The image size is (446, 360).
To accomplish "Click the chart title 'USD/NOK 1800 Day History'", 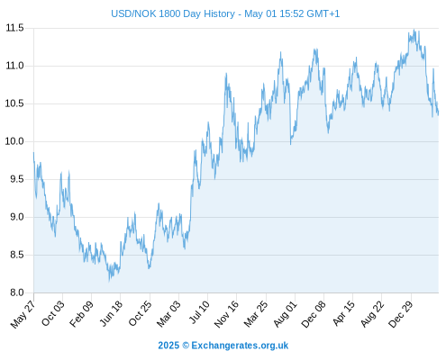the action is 173,13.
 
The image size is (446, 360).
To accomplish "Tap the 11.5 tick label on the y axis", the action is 14,28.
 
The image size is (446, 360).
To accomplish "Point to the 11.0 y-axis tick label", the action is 14,66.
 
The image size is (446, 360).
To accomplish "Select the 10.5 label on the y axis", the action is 14,103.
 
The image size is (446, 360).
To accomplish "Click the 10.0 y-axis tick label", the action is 14,141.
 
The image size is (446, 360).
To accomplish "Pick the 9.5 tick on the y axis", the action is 17,179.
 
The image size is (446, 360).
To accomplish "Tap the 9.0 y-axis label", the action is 17,217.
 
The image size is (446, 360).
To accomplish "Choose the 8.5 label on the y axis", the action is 17,255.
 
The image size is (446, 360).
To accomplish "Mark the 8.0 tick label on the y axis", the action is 17,292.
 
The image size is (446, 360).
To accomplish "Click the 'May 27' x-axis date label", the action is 23,314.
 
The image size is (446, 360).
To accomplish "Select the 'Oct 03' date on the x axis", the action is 53,313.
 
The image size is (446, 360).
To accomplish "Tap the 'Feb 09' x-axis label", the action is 81,314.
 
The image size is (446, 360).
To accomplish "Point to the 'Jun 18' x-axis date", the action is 111,313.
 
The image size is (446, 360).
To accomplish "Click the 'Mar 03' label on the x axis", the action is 168,314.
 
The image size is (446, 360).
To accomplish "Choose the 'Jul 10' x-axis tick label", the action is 199,312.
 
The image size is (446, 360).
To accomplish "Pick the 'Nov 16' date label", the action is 226,314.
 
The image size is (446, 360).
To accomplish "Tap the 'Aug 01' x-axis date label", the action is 286,314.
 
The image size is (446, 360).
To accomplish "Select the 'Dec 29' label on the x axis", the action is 401,314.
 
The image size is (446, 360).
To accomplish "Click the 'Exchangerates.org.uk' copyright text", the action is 240,346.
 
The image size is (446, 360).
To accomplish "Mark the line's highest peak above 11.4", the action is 414,30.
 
